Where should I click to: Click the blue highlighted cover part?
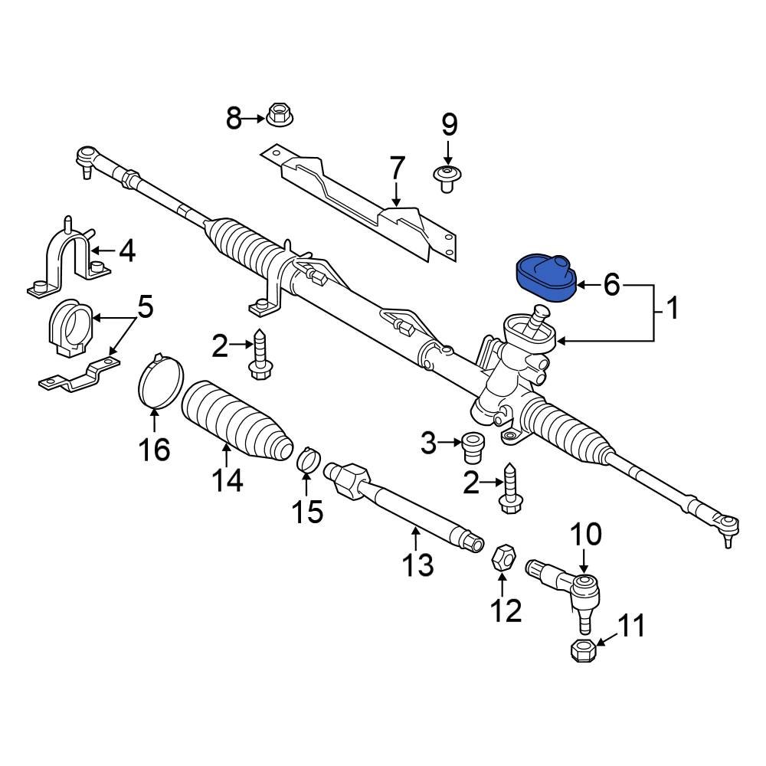pos(545,280)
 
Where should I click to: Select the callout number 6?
pos(611,285)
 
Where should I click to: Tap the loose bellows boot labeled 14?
pos(237,421)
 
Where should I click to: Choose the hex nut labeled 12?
pos(502,558)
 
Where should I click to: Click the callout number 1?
pos(671,309)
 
